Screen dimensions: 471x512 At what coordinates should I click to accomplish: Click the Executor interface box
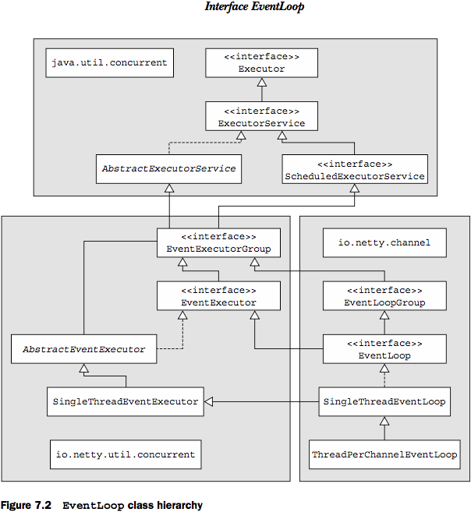pyautogui.click(x=261, y=63)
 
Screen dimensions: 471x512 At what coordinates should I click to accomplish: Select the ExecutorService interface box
pyautogui.click(x=261, y=116)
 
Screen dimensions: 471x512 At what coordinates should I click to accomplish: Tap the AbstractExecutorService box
pyautogui.click(x=169, y=169)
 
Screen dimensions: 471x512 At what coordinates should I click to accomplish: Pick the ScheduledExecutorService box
pyautogui.click(x=355, y=169)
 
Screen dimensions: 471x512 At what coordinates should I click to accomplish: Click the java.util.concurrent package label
pyautogui.click(x=109, y=62)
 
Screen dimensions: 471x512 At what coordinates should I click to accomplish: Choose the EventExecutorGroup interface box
pyautogui.click(x=218, y=242)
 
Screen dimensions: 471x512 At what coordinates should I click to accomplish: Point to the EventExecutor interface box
pyautogui.click(x=218, y=296)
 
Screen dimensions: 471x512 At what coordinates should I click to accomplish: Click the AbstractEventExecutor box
pyautogui.click(x=84, y=349)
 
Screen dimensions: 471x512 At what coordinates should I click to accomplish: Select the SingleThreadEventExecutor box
pyautogui.click(x=126, y=401)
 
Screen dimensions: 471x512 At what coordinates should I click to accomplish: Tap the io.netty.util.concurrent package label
pyautogui.click(x=126, y=454)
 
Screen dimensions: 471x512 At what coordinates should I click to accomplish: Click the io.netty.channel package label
pyautogui.click(x=384, y=242)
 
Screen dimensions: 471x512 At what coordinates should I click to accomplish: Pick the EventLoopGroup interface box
pyautogui.click(x=384, y=296)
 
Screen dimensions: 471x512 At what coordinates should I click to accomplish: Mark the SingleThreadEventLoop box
pyautogui.click(x=384, y=401)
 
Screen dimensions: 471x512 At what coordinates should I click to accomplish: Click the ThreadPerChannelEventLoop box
pyautogui.click(x=384, y=454)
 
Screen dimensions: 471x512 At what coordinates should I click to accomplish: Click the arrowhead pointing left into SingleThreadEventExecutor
pyautogui.click(x=208, y=401)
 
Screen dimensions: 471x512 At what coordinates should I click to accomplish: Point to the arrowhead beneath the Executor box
pyautogui.click(x=262, y=82)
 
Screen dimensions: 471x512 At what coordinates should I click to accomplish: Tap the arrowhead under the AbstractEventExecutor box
pyautogui.click(x=84, y=368)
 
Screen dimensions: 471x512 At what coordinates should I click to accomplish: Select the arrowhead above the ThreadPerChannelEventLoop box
pyautogui.click(x=384, y=421)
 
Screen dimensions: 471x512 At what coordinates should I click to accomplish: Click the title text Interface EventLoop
pyautogui.click(x=254, y=6)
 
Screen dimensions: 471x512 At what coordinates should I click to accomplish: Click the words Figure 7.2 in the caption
pyautogui.click(x=26, y=505)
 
